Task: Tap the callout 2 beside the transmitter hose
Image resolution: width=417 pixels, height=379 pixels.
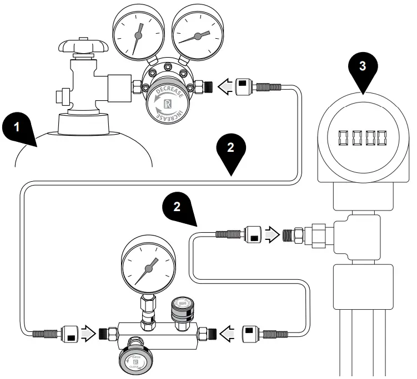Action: pyautogui.click(x=178, y=207)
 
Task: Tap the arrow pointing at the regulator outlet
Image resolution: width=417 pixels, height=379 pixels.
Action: pyautogui.click(x=224, y=86)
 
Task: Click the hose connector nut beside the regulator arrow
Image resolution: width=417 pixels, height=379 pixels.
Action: pyautogui.click(x=244, y=86)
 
